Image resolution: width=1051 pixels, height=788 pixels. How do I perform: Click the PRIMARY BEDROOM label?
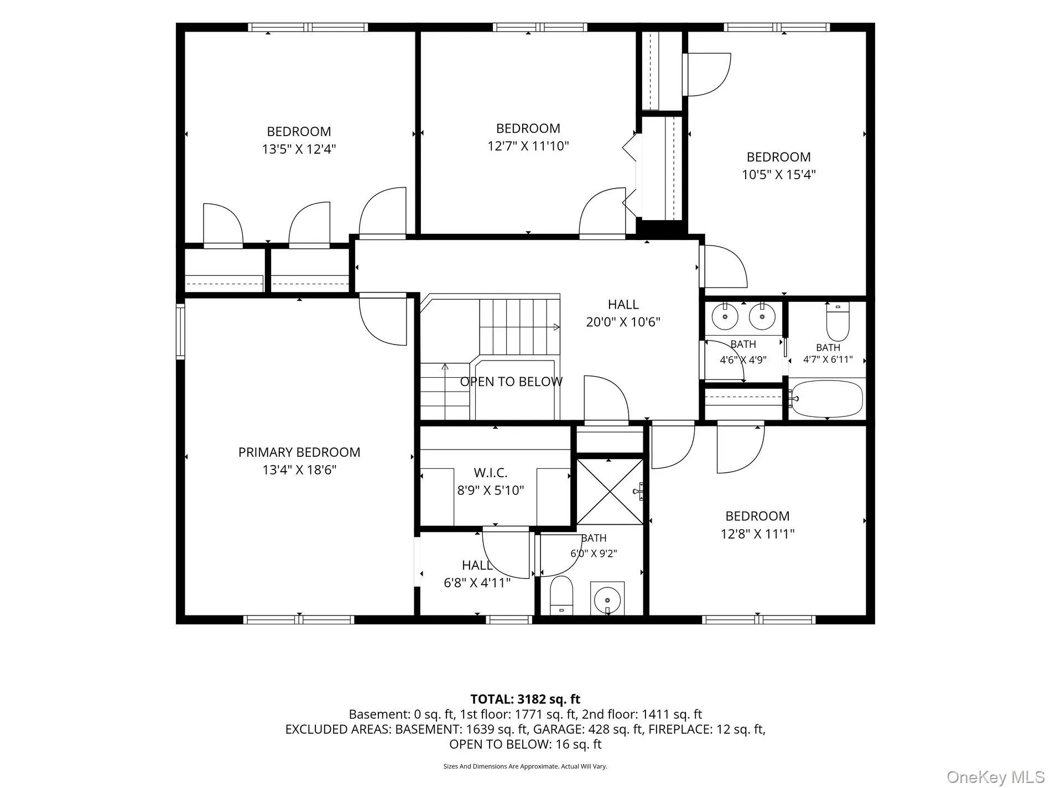click(299, 452)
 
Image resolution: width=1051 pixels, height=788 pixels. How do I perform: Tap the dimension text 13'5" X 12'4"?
click(299, 149)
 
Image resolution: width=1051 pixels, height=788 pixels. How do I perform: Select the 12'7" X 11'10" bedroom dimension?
click(528, 146)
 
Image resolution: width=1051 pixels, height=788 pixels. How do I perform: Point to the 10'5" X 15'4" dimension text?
click(779, 175)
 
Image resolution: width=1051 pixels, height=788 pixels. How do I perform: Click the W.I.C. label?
click(491, 473)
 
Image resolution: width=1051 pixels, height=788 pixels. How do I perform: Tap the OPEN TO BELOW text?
click(512, 382)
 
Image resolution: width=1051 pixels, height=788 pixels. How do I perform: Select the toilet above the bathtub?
click(837, 322)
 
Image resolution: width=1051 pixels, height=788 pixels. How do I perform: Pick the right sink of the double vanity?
click(762, 317)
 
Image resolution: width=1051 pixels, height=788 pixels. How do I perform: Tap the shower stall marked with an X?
click(610, 492)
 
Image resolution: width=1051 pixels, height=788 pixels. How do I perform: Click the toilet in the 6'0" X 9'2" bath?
click(562, 596)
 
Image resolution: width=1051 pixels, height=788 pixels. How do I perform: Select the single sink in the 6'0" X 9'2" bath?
click(607, 598)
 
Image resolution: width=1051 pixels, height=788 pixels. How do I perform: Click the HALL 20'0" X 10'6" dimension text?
click(623, 322)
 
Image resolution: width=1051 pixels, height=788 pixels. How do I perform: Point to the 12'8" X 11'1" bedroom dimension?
click(757, 534)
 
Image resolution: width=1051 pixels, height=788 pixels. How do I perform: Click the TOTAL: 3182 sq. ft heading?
click(525, 700)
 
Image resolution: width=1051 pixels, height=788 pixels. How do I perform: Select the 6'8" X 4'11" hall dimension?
click(477, 583)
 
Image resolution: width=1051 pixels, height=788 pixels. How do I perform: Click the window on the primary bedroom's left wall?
click(180, 331)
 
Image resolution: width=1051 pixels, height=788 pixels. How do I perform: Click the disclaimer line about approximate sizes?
click(525, 766)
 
